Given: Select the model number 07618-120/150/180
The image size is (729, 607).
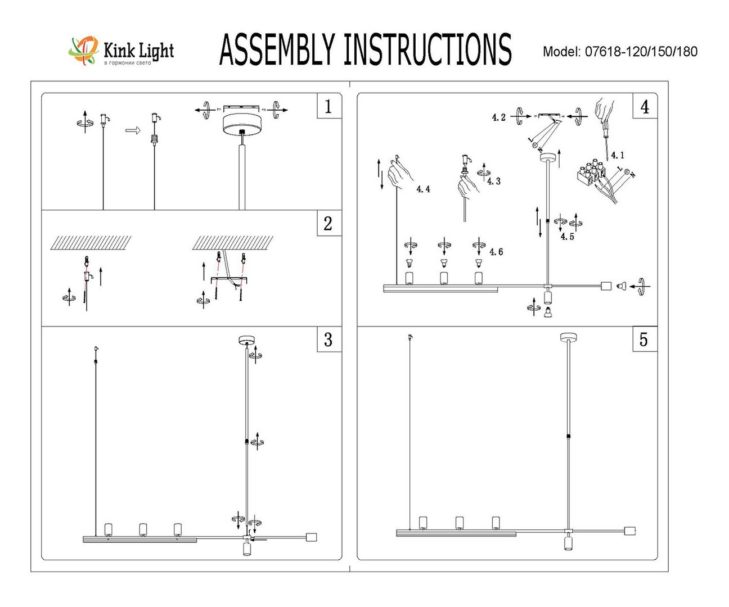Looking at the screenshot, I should [x=641, y=52].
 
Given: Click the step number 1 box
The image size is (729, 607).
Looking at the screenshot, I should [x=328, y=106].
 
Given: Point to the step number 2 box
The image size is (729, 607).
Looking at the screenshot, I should [x=328, y=223].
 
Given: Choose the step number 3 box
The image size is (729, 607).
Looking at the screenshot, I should [x=328, y=339].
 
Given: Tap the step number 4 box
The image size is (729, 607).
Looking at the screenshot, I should [x=645, y=106].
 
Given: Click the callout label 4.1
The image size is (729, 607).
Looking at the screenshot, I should [x=617, y=155].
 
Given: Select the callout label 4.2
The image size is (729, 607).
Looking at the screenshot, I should [x=498, y=117].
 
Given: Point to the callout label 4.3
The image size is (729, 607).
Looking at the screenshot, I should [x=493, y=181].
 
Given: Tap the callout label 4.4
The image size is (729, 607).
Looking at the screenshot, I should [x=423, y=189].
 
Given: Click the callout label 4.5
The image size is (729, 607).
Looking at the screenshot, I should [x=567, y=237].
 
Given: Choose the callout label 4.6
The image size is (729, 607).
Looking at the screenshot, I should [x=496, y=252].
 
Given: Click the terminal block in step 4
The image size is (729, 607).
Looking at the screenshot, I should [x=592, y=174].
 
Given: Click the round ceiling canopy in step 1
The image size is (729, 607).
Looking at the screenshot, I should [x=241, y=123].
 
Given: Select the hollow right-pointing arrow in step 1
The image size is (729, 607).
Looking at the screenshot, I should [x=132, y=130].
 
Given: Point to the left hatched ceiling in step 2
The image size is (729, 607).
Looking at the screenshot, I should [x=91, y=243].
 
